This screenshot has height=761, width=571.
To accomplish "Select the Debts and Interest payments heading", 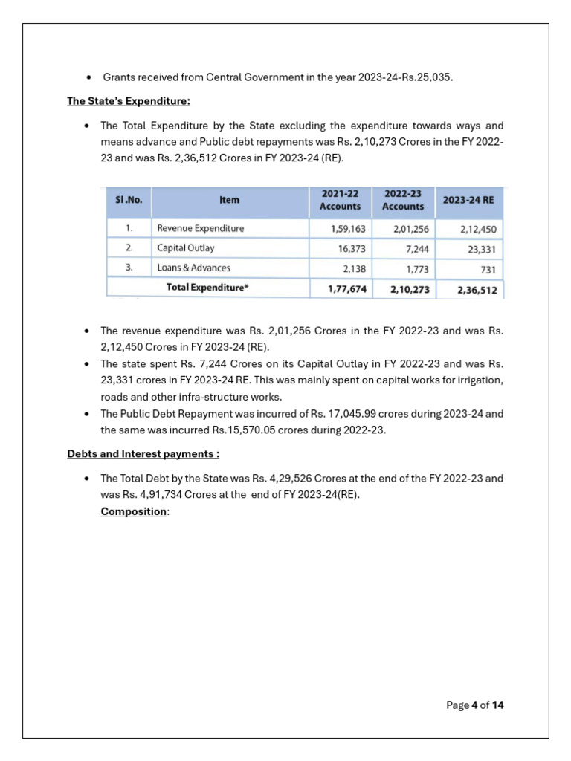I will coord(143,453).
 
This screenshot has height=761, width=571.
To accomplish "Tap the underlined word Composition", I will coord(134,511).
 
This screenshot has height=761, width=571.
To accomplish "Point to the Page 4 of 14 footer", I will coord(474,705).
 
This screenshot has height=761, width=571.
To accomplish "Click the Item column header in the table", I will coord(230,200).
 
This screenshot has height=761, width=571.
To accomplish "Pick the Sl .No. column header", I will coord(129,200).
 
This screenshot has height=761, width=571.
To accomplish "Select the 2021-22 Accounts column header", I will coord(340,200).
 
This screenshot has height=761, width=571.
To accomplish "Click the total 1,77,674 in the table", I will coord(347,289).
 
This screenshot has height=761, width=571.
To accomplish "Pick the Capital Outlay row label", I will coord(186,248).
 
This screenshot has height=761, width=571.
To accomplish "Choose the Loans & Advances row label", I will coord(193,268).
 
